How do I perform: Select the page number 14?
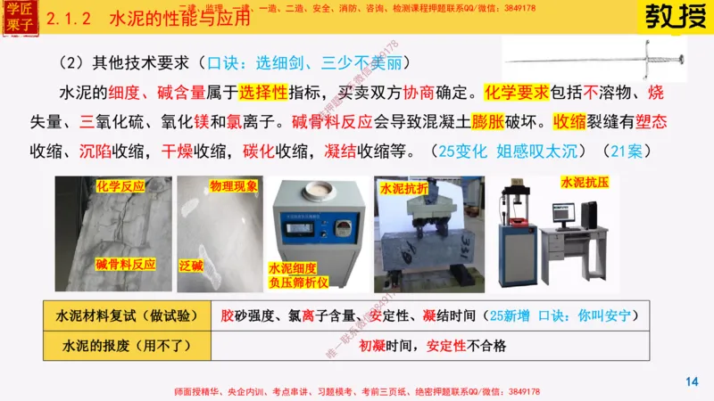click(691, 381)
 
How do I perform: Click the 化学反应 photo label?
click(120, 186)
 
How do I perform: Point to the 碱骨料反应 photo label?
click(126, 265)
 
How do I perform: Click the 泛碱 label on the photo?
click(193, 265)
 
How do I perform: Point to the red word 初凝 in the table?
click(372, 345)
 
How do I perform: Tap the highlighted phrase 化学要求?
click(512, 93)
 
